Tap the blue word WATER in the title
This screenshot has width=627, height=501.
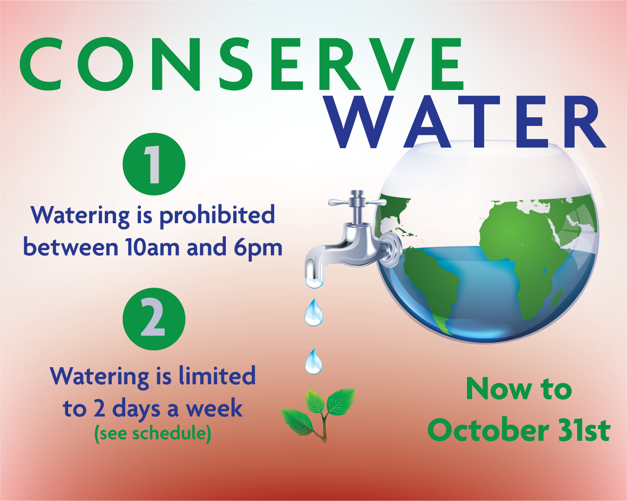click(466, 123)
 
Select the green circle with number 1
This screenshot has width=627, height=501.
click(154, 164)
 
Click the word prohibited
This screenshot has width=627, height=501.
click(217, 216)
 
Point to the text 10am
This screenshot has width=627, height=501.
click(152, 247)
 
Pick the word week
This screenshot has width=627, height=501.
click(214, 408)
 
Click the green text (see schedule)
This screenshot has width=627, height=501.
click(153, 433)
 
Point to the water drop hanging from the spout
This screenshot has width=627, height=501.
click(314, 281)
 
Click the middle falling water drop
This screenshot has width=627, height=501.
click(313, 313)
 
